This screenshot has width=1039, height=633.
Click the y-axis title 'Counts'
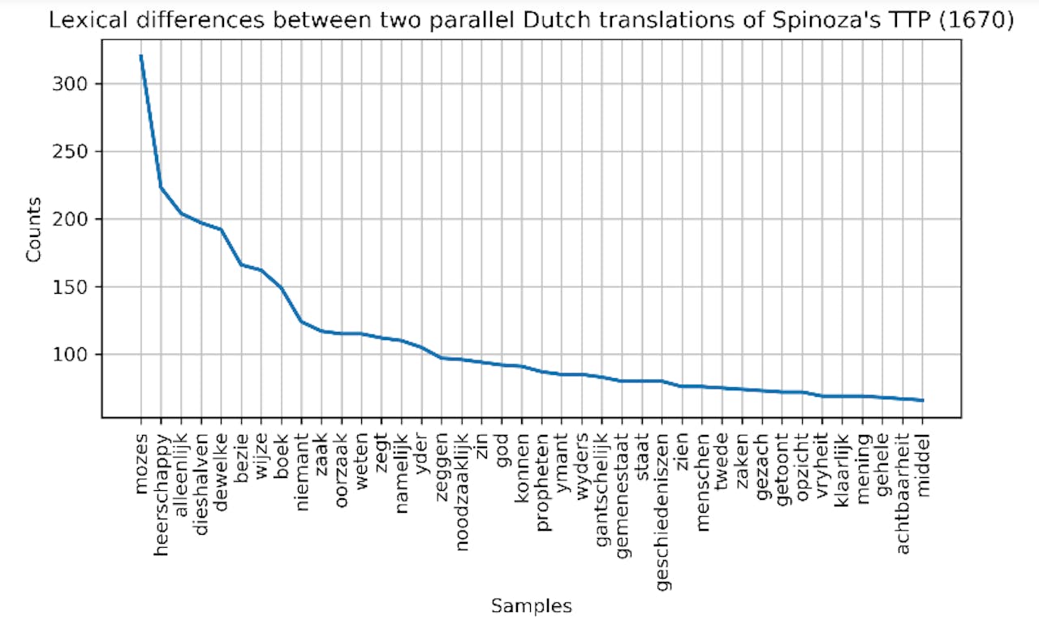pyautogui.click(x=33, y=230)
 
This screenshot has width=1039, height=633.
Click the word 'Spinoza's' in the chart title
pyautogui.click(x=816, y=22)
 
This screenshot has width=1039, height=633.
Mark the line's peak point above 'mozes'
pyautogui.click(x=140, y=55)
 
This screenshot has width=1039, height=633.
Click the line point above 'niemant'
pyautogui.click(x=302, y=321)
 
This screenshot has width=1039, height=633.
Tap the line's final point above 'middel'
pyautogui.click(x=923, y=400)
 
